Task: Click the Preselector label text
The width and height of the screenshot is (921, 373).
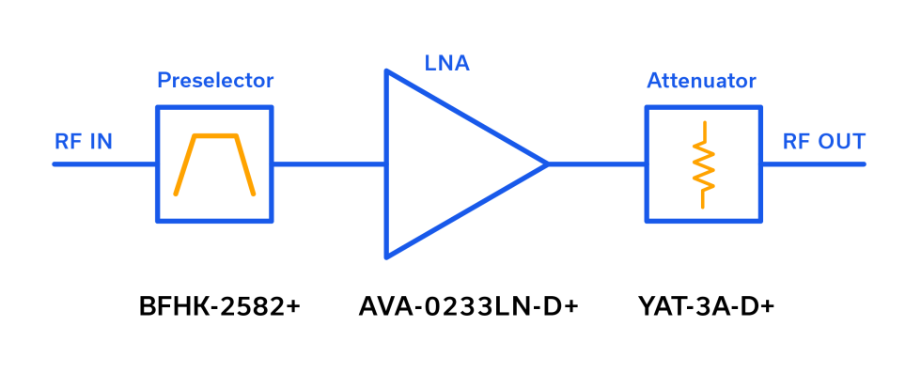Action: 215,81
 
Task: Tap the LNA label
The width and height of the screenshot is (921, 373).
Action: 446,64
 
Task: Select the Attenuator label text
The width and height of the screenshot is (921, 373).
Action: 701,81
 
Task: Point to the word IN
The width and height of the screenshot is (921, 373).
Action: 101,142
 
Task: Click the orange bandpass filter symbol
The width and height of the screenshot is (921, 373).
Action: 214,164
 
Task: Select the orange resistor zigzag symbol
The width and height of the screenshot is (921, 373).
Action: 702,165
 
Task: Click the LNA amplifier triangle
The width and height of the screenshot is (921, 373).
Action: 451,164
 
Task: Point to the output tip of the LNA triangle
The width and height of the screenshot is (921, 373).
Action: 548,164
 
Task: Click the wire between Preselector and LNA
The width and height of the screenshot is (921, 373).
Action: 329,164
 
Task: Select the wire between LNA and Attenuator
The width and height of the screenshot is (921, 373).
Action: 597,164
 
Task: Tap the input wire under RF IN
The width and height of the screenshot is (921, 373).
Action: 103,164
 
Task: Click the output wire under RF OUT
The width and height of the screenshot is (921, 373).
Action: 813,164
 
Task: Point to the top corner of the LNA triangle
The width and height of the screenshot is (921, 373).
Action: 386,71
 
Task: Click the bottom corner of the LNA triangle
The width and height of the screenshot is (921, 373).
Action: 386,256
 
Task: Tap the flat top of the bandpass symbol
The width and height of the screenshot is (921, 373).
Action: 214,135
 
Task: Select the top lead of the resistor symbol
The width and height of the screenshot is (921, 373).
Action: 702,130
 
